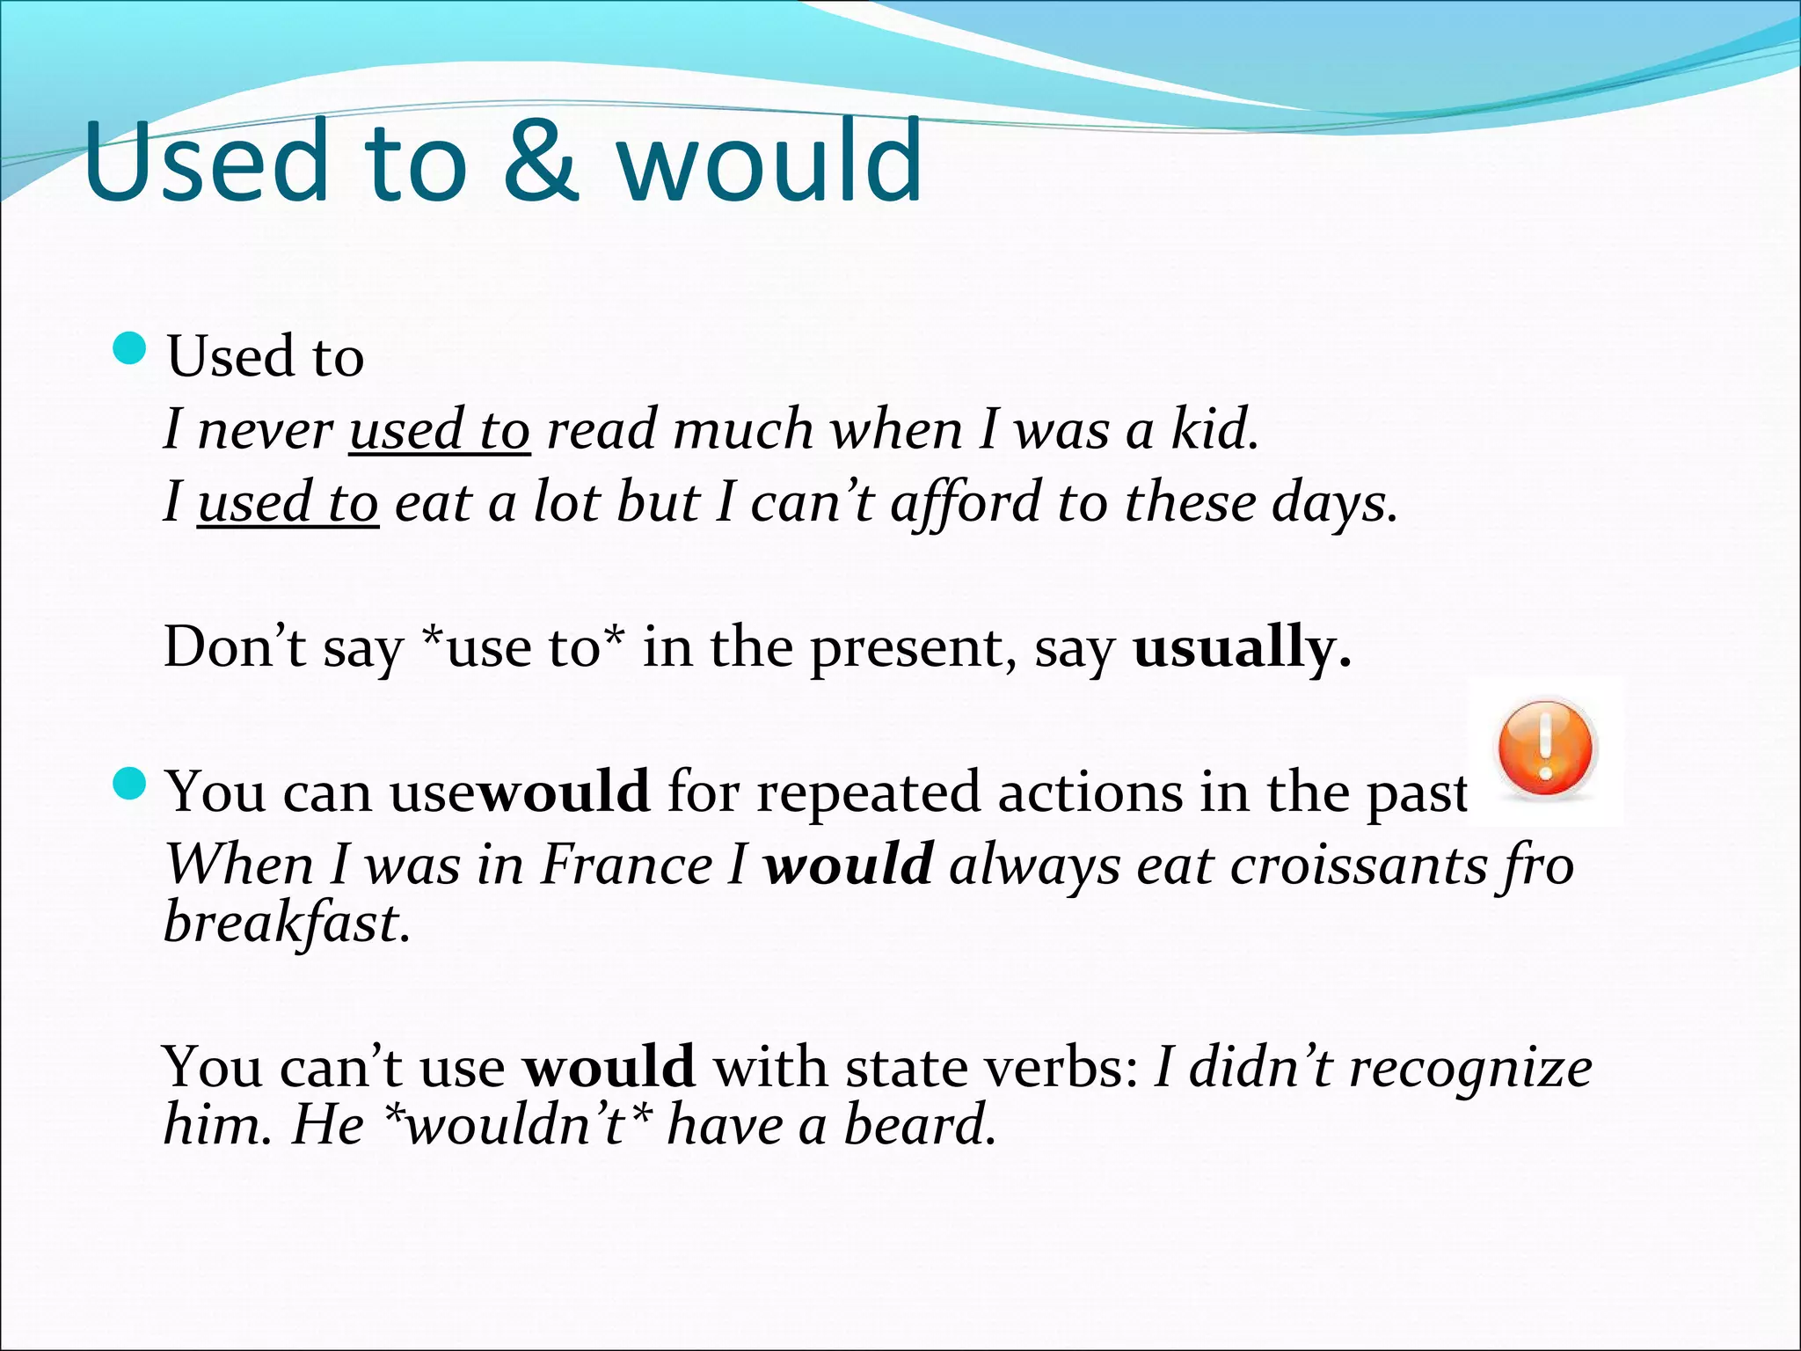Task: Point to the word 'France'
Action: (626, 865)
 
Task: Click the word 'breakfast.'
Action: (287, 924)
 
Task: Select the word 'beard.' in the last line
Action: (920, 1126)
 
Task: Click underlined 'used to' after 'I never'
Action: (440, 430)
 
